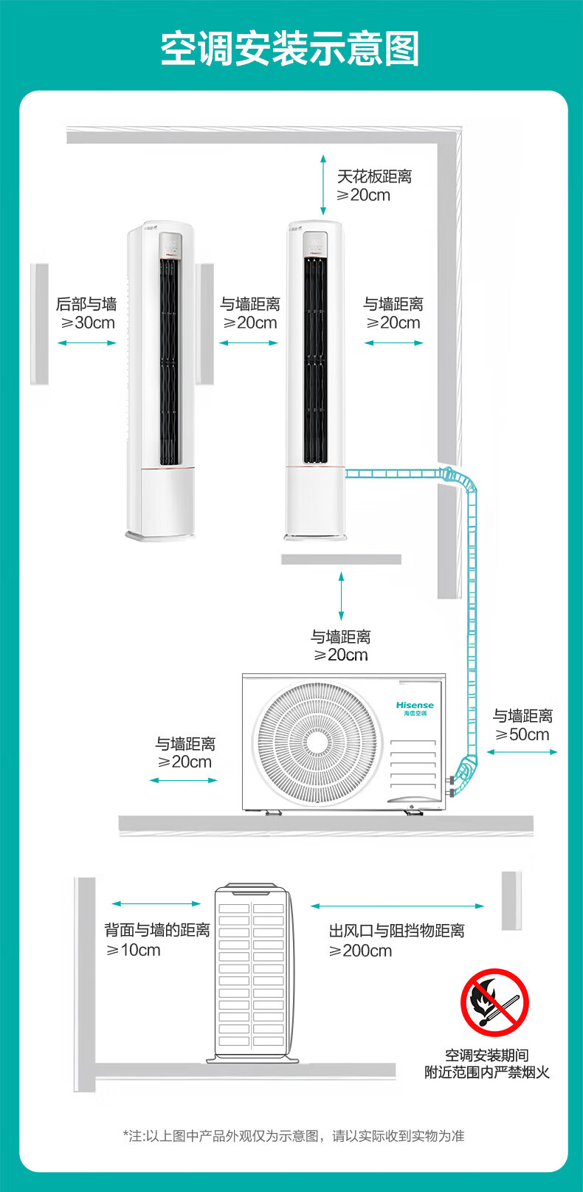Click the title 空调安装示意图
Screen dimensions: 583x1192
[x=291, y=49]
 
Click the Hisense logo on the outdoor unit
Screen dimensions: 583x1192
[x=415, y=708]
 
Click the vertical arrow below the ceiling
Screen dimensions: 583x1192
[x=323, y=184]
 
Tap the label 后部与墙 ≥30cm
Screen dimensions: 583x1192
[x=87, y=313]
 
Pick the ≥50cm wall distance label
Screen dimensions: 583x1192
[x=522, y=725]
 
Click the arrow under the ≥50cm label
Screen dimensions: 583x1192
[x=522, y=752]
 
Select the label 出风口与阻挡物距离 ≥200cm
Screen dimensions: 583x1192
[x=396, y=940]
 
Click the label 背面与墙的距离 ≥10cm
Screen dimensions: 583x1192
[x=156, y=940]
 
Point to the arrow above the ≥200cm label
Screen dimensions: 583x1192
[x=397, y=906]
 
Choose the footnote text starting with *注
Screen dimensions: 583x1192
[x=294, y=1136]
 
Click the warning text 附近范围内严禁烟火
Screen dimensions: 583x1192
[x=487, y=1072]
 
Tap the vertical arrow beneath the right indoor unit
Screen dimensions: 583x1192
[x=341, y=596]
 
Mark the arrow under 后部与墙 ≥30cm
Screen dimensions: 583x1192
[x=87, y=342]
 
